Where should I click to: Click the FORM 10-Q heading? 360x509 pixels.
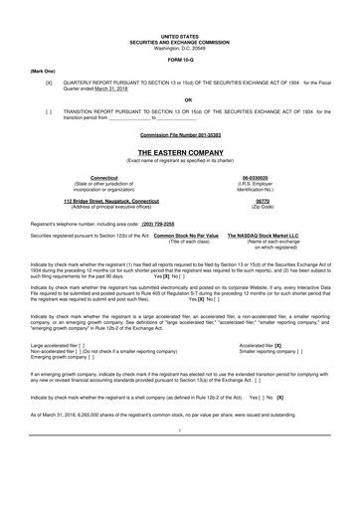coord(179,58)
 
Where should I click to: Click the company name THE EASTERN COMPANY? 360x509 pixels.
coord(179,152)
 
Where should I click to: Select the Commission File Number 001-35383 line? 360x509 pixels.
coord(179,132)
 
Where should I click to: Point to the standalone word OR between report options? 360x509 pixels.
coord(179,99)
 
